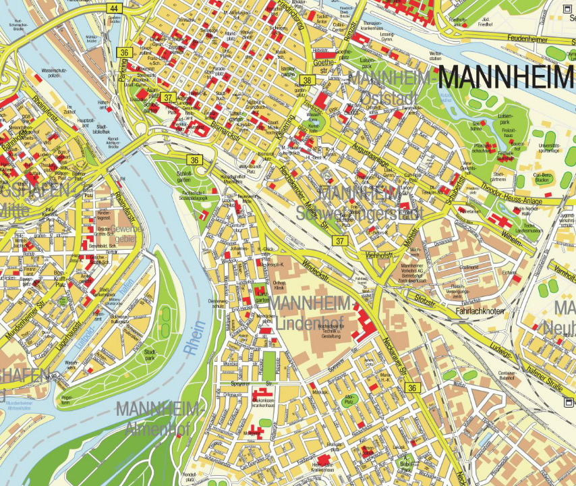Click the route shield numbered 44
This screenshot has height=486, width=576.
tap(114, 8)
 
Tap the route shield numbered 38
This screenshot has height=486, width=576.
tap(305, 80)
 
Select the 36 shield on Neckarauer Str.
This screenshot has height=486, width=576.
tap(412, 387)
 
